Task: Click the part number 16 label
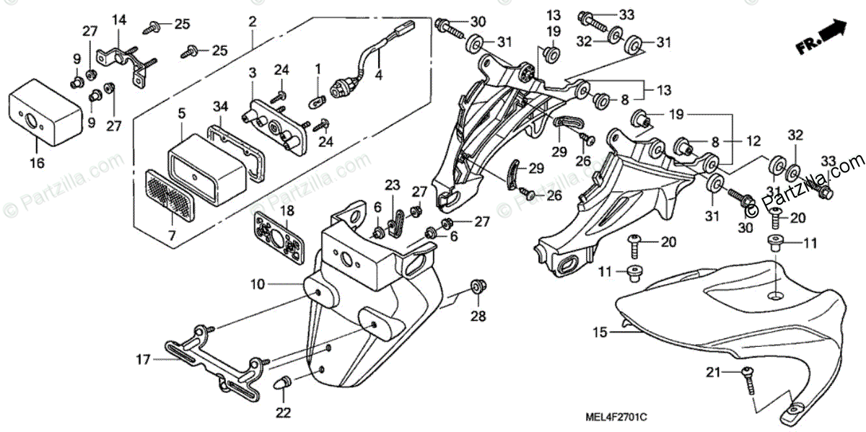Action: pos(37,163)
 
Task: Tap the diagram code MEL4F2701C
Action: pos(616,418)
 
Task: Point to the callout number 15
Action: pos(600,332)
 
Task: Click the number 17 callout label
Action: pos(143,360)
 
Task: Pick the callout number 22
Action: pos(283,413)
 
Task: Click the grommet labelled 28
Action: pos(478,286)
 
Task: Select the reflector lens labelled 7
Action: pos(170,197)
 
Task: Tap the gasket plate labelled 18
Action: pos(279,239)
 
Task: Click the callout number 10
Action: pos(258,285)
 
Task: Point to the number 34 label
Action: pos(221,106)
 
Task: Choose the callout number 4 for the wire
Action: pos(378,75)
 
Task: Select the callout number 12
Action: pos(753,141)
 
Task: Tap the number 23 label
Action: pos(392,185)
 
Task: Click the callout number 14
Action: pos(119,19)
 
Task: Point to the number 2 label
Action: pos(253,22)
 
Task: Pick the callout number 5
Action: pos(182,113)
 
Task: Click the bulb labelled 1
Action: pos(318,102)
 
